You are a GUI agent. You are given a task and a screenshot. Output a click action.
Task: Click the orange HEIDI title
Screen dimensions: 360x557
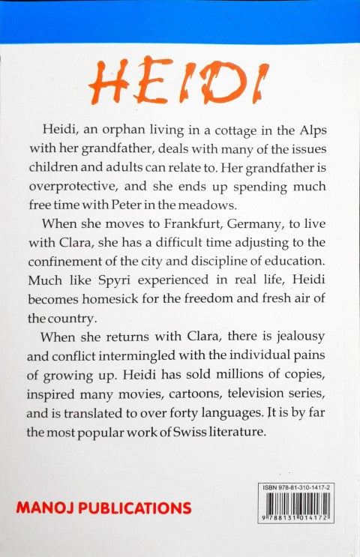pos(181,82)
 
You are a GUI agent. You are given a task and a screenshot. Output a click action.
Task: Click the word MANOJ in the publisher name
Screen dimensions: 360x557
pos(44,508)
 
